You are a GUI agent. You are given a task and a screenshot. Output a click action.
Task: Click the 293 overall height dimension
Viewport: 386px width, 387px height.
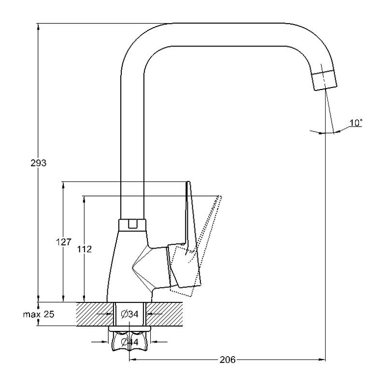pyautogui.click(x=39, y=163)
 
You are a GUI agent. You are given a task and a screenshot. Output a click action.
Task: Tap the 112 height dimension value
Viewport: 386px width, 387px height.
pyautogui.click(x=85, y=249)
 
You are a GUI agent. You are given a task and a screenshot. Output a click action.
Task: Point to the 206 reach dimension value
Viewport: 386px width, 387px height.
pyautogui.click(x=228, y=360)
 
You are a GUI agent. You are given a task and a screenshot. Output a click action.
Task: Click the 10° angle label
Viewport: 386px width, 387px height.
pyautogui.click(x=356, y=123)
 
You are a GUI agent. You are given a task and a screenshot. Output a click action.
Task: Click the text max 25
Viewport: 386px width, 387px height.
pyautogui.click(x=39, y=314)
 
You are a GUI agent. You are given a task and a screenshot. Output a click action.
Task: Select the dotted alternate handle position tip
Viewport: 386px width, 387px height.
pyautogui.click(x=219, y=197)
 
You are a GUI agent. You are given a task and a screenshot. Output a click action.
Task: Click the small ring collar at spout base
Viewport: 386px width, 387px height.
pyautogui.click(x=131, y=224)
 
